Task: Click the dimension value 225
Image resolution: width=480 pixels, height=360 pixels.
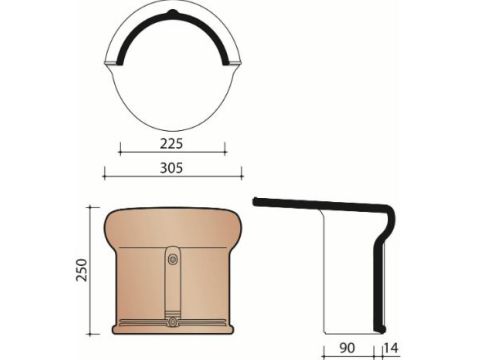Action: [x=172, y=144]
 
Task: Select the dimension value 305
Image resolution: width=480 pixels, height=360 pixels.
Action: [x=172, y=168]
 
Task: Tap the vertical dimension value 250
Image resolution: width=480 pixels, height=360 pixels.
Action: [x=82, y=270]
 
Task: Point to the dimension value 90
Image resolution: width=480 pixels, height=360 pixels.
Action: [x=347, y=348]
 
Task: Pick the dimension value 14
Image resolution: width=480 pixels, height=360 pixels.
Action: [x=391, y=348]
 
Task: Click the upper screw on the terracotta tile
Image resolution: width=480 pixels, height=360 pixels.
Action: [x=172, y=259]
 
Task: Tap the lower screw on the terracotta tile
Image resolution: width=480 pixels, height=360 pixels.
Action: [x=173, y=322]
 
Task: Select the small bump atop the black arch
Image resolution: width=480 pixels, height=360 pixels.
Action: [x=172, y=12]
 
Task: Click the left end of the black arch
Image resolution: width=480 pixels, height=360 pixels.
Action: [x=120, y=62]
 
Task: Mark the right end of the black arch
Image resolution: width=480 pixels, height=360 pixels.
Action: [x=225, y=62]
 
